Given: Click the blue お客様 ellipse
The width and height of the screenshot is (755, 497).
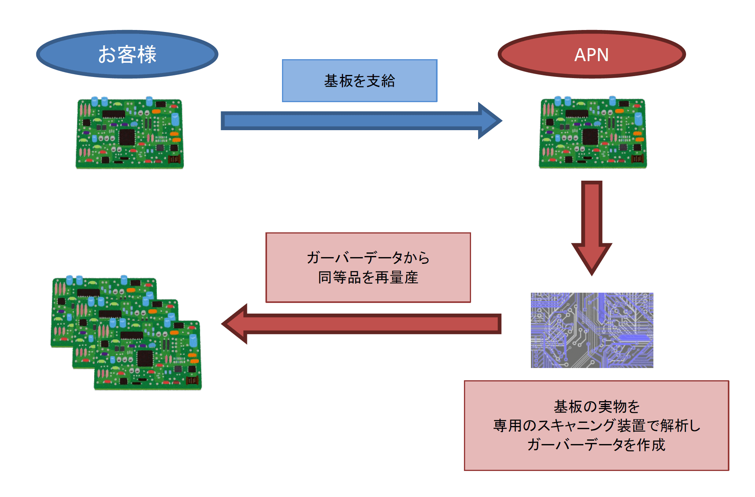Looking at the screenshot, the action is point(127,54).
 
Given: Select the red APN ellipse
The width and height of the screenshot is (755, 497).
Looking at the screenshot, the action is point(592,54).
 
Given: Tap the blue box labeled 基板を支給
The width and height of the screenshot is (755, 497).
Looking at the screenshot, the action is point(360,81).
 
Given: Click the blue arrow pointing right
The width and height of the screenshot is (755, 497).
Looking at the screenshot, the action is point(361,121).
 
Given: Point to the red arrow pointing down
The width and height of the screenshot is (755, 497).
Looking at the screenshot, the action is point(592,228).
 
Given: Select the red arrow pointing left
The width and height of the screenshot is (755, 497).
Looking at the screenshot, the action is point(361,324).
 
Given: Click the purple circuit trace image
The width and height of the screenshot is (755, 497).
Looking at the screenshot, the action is point(592,330).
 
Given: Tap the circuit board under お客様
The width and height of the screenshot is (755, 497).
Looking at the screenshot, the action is point(130,133).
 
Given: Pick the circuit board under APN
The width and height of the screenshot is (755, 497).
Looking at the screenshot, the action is point(593,133).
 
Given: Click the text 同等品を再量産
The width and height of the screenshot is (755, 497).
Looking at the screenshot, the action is point(368,277).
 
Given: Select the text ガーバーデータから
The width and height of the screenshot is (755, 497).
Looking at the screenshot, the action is point(368,258).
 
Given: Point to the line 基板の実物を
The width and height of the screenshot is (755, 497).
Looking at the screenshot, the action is point(597,406).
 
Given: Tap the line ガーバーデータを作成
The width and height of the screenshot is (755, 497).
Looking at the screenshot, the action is point(596,445).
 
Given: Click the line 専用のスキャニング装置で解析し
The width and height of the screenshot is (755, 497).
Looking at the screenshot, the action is point(597,425).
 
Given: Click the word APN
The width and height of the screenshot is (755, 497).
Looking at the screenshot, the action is point(592,55).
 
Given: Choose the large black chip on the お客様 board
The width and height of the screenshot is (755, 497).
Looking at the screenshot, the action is point(127,137).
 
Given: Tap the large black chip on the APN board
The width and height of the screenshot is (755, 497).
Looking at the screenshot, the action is point(590,136).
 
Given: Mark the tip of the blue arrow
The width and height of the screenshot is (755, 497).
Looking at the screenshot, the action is point(502,121).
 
